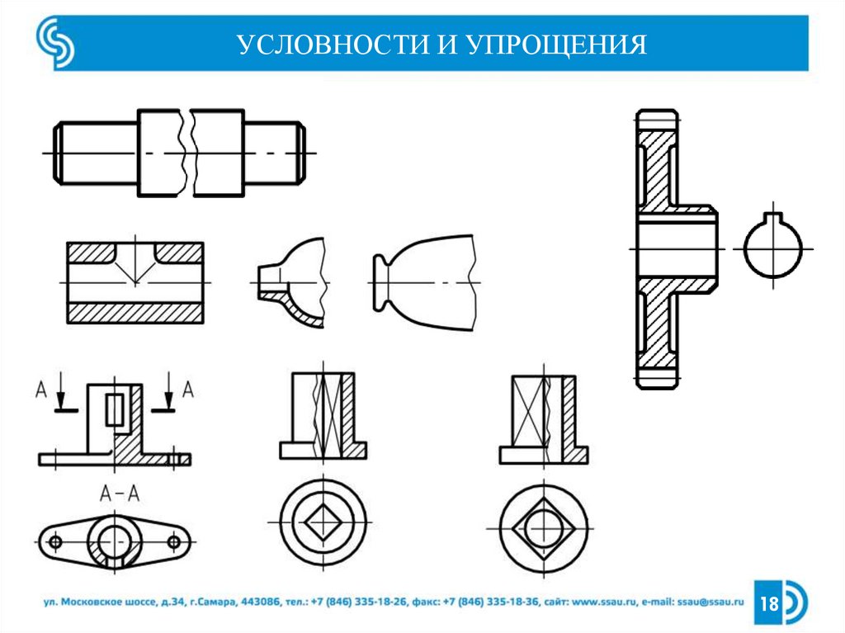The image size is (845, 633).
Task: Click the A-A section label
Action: click(x=119, y=494)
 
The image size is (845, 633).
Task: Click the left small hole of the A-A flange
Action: click(x=55, y=542)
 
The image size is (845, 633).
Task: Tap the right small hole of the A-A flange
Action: click(x=174, y=542)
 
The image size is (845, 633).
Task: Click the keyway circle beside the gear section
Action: click(x=772, y=248)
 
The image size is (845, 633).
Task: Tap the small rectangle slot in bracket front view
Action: click(x=116, y=409)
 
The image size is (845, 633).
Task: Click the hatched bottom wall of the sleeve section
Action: click(x=135, y=313)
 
